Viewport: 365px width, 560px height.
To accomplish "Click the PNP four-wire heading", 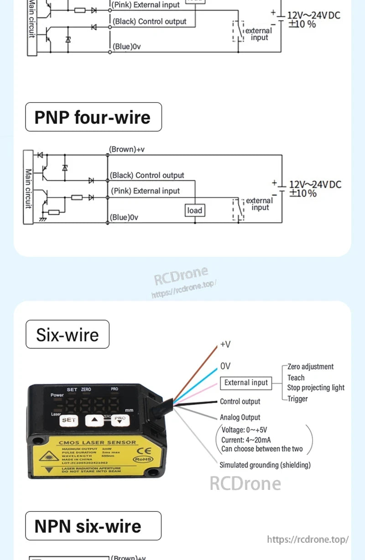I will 93,117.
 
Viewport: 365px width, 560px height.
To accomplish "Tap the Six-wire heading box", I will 68,335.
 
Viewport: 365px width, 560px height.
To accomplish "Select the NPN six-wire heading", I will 93,526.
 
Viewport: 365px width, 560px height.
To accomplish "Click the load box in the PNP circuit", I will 194,210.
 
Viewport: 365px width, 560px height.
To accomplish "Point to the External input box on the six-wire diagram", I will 246,383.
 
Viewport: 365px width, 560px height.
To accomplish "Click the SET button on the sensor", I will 69,420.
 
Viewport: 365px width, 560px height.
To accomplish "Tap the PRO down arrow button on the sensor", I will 120,420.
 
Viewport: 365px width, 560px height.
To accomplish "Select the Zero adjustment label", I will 310,367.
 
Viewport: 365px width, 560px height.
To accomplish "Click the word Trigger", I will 297,399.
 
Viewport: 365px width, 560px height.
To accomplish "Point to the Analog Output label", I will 240,417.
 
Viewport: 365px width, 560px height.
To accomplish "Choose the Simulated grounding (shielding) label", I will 265,465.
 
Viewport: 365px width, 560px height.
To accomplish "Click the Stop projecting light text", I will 316,388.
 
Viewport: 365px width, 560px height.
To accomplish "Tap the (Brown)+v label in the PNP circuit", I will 127,149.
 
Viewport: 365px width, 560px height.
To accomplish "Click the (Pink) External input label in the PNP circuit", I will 146,191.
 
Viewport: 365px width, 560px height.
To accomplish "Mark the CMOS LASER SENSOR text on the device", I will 98,442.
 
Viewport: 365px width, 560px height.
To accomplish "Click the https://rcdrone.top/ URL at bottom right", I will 308,540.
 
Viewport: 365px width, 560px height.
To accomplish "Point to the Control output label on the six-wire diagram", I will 240,402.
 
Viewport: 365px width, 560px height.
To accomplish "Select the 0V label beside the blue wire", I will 225,366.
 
